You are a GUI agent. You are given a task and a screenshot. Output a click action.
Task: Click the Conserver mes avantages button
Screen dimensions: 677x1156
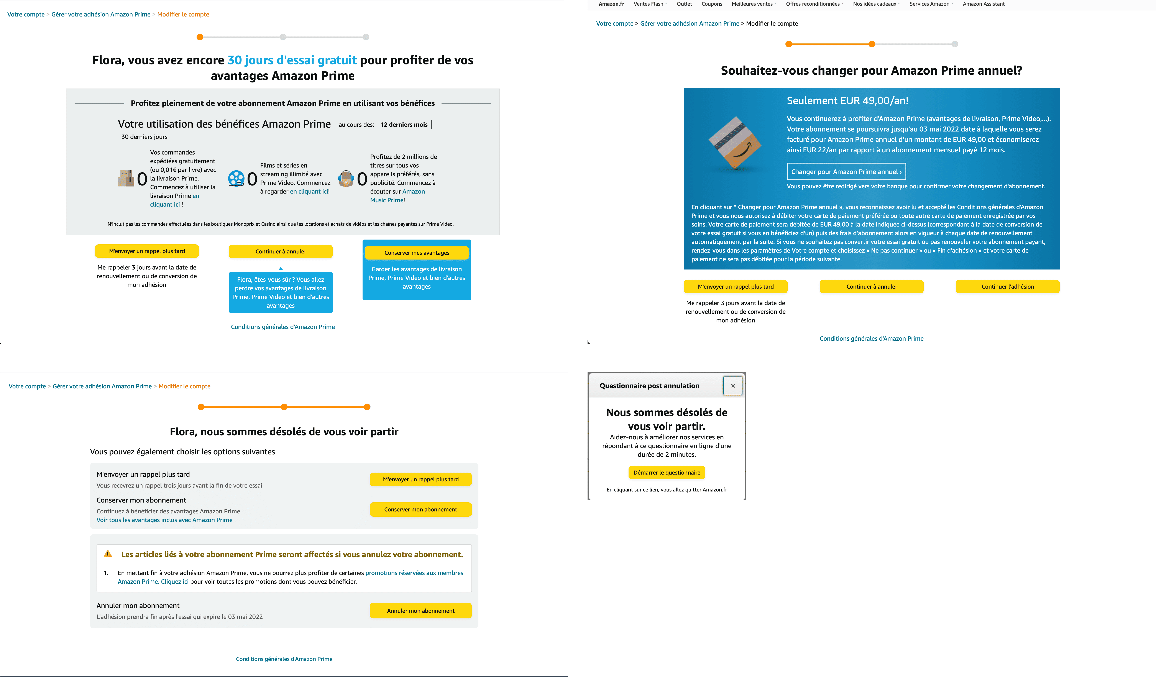click(x=417, y=253)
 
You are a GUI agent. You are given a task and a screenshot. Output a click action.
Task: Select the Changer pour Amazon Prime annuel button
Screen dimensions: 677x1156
click(x=846, y=172)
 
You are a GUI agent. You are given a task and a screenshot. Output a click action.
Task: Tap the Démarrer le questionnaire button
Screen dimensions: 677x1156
click(x=667, y=472)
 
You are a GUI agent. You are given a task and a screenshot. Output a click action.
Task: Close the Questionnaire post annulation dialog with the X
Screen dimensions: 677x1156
click(x=733, y=386)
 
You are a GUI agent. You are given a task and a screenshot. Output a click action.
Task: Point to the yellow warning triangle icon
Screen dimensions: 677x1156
click(x=108, y=554)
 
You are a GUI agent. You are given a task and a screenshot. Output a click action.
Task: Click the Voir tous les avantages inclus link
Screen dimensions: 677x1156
click(x=164, y=520)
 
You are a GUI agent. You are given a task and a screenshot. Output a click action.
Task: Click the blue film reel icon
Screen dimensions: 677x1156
click(x=236, y=178)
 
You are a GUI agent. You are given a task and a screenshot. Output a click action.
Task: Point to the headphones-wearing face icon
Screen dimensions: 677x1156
click(x=346, y=178)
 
